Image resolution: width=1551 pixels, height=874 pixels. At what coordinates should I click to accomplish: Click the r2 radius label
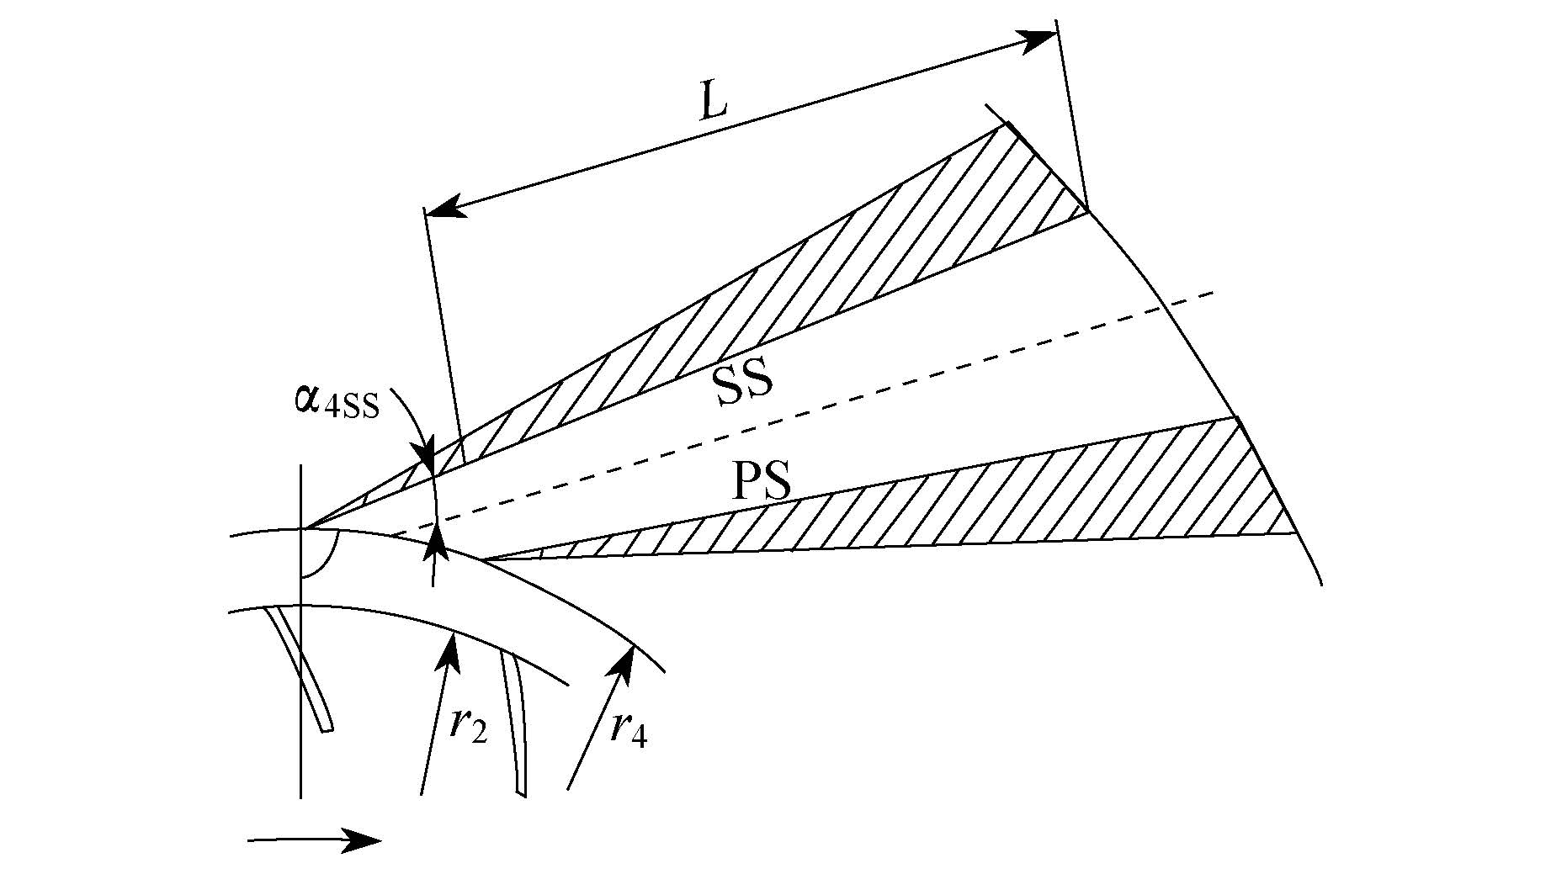(467, 725)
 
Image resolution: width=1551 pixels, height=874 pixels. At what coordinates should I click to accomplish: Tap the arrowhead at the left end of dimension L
(446, 206)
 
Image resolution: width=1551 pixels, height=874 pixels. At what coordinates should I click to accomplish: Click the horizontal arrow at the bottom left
(315, 840)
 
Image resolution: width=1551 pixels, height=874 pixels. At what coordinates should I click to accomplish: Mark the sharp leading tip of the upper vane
(306, 528)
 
